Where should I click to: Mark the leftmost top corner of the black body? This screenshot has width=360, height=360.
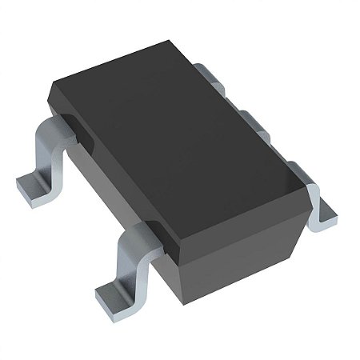click(50, 90)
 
